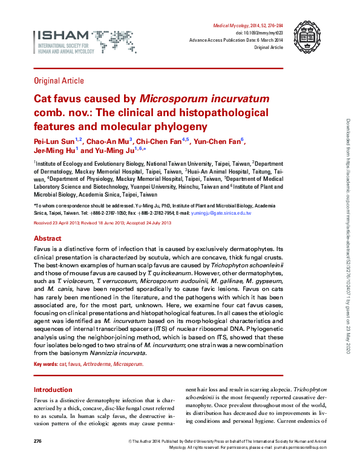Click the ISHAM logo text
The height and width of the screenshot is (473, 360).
pos(55,36)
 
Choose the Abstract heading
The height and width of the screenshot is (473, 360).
pos(48,239)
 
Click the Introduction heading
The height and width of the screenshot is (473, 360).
pos(53,390)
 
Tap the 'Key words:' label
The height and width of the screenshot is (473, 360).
pos(45,365)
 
